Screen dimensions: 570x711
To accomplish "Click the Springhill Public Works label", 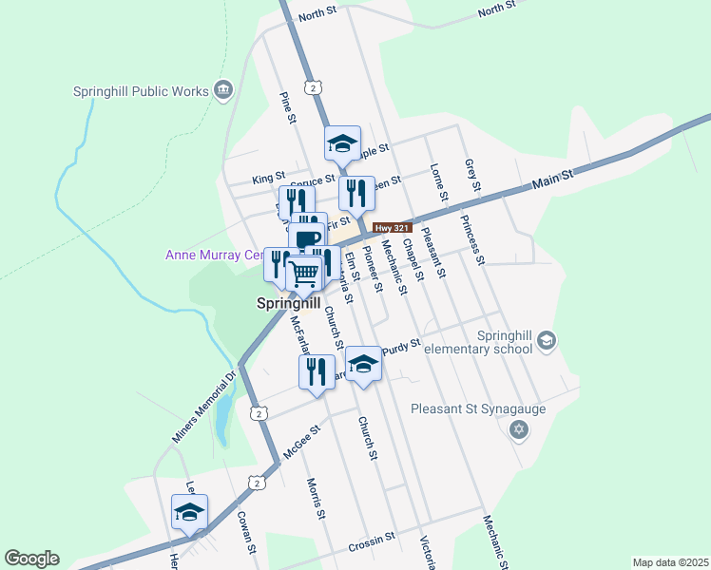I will point(141,91).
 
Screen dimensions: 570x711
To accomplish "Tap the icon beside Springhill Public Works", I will point(223,91).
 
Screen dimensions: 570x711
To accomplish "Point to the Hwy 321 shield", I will point(391,228).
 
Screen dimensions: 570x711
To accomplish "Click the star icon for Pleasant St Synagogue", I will point(518,431).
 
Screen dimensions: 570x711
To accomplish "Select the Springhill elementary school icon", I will point(546,340).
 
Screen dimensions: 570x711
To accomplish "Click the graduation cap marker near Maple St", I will point(342,144).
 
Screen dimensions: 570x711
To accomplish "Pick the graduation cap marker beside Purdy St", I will point(363,364).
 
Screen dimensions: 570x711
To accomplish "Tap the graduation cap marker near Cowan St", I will point(189,512).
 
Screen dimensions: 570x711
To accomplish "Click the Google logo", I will point(31,559).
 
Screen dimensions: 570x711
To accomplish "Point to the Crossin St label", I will point(371,540).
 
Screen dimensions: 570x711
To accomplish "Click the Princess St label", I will point(472,239).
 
